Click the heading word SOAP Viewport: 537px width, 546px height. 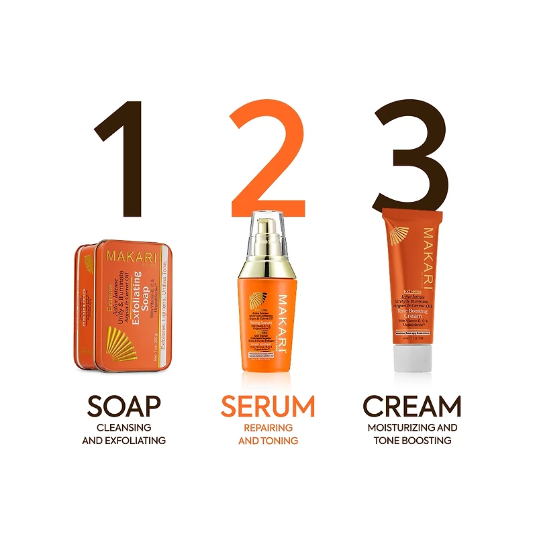(124, 406)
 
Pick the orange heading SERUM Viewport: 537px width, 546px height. (268, 406)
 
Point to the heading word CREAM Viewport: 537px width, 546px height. (412, 406)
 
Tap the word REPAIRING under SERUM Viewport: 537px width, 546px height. (268, 427)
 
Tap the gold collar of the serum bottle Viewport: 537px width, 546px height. (268, 269)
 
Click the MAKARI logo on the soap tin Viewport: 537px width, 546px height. (132, 259)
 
